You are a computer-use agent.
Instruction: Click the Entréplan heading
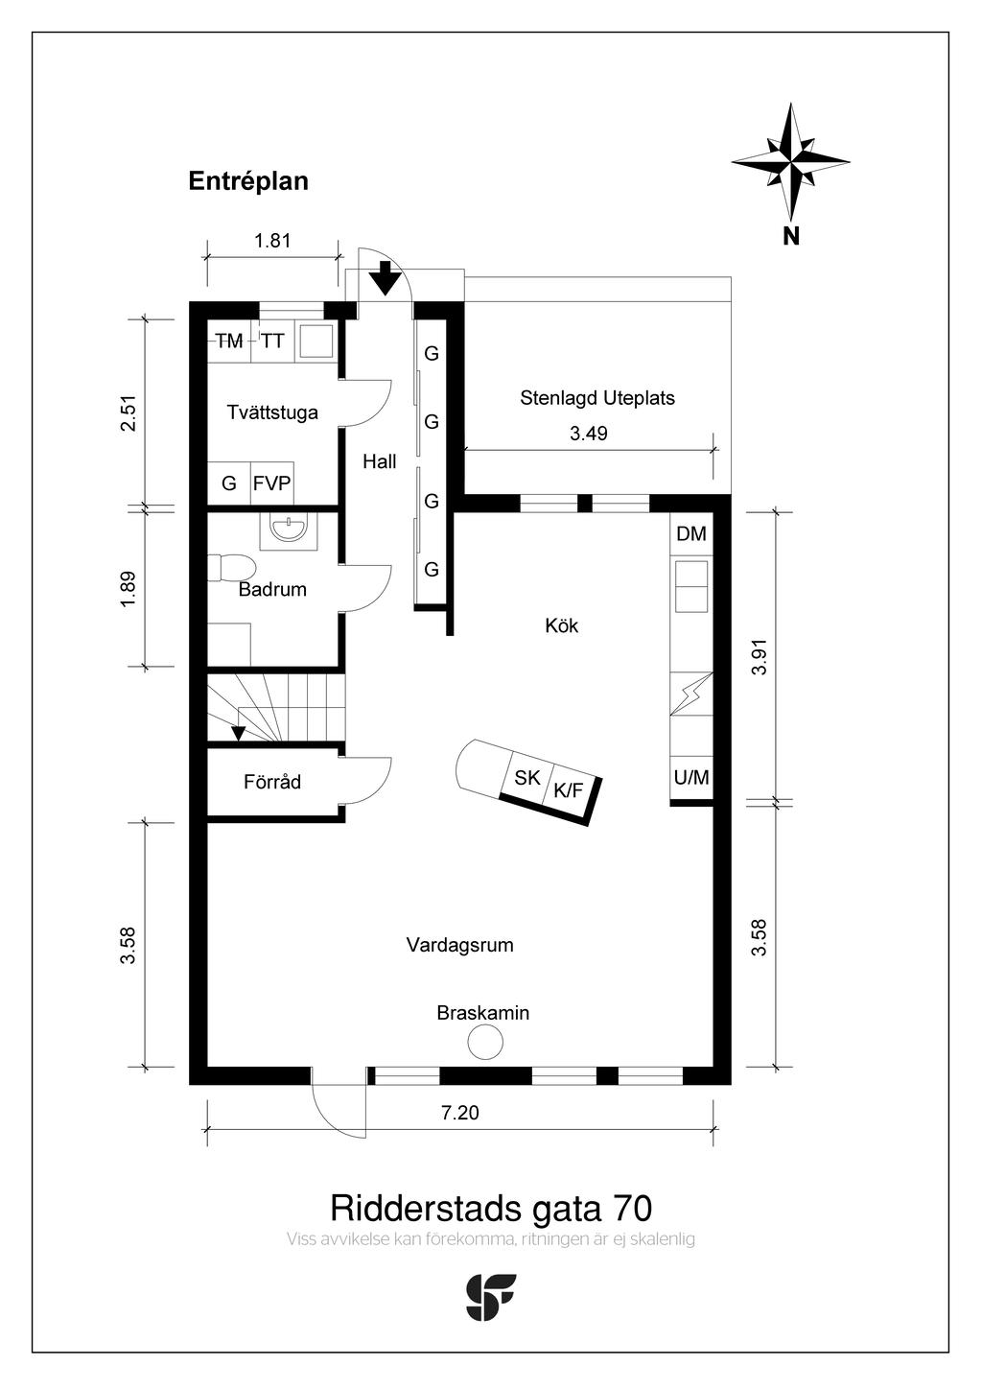coord(248,181)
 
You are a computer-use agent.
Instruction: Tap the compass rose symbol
coord(790,161)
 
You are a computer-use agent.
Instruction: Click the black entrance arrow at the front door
coord(386,277)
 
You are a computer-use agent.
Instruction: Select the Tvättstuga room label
coord(272,412)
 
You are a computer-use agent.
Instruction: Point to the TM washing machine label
coord(229,341)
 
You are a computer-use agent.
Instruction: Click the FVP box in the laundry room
coord(271,483)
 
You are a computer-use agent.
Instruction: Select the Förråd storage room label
coord(272,782)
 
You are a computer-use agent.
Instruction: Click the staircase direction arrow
coord(238,733)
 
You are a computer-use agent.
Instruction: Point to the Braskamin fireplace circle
coord(484,1042)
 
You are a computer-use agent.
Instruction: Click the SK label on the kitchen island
coord(526,778)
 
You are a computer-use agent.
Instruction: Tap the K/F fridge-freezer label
coord(568,790)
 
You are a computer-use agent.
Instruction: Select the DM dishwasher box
coord(691,534)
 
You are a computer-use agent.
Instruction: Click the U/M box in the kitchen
coord(691,778)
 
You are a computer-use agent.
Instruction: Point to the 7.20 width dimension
coord(459,1113)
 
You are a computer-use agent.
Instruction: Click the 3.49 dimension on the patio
coord(589,434)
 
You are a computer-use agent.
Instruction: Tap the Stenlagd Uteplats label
coord(597,397)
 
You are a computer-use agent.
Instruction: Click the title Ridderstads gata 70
coord(491,1207)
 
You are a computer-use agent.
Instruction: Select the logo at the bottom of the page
coord(490,1297)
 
